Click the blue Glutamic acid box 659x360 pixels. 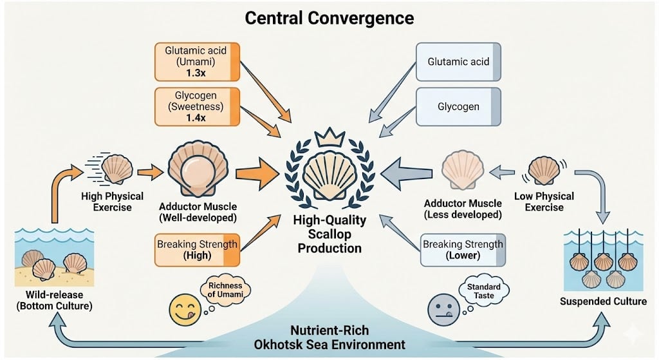[x=458, y=62]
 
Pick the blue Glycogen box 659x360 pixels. [x=458, y=106]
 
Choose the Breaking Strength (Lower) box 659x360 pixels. [x=463, y=251]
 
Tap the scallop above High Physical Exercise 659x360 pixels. [x=117, y=169]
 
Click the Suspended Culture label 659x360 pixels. [x=595, y=301]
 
